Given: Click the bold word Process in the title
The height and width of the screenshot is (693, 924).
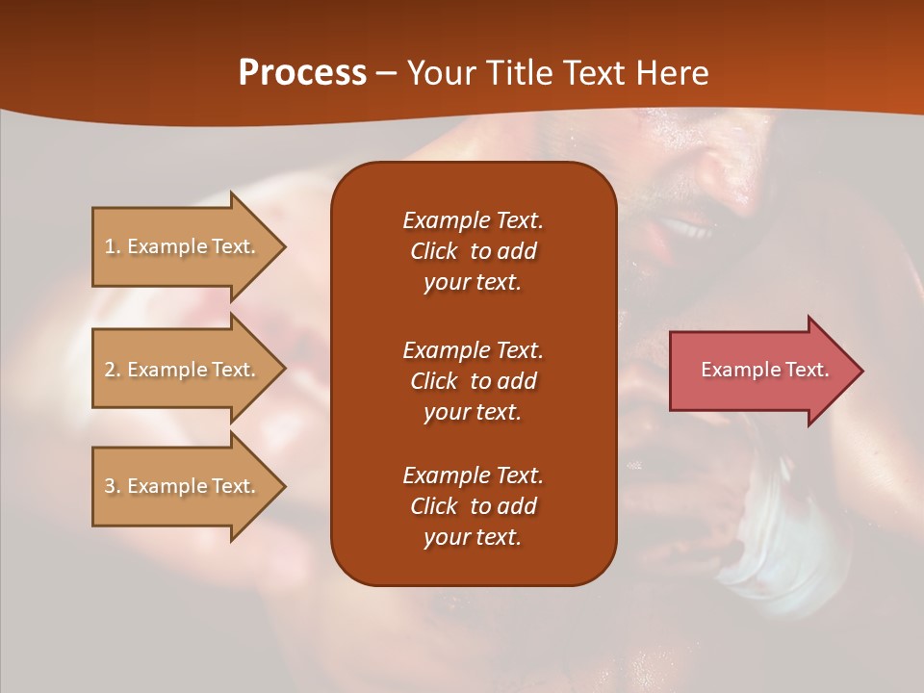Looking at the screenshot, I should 302,73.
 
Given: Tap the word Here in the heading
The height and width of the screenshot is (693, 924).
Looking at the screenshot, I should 670,73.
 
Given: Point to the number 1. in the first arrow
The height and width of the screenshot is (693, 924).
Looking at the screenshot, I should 113,246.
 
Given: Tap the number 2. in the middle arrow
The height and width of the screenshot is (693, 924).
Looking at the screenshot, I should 113,370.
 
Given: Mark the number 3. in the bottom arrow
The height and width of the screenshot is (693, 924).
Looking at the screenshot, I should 113,486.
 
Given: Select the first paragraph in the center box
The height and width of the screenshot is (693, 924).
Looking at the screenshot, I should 473,251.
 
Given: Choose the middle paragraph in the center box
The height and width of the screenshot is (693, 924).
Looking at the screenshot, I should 473,381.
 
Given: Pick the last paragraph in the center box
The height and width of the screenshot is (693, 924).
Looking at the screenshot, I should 473,506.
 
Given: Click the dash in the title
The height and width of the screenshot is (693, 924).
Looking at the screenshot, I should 387,73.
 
